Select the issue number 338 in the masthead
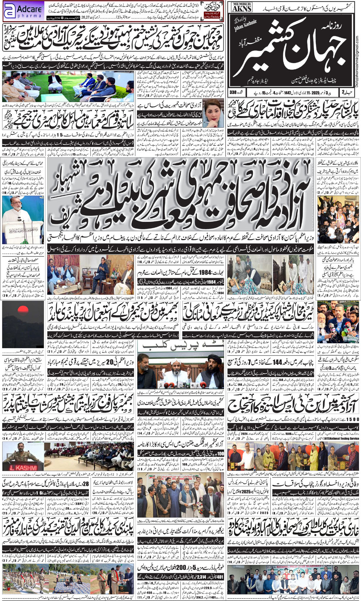pyautogui.click(x=233, y=92)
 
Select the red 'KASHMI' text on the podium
pyautogui.click(x=22, y=468)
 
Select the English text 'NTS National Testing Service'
pyautogui.click(x=341, y=438)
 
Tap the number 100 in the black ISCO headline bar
pyautogui.click(x=221, y=454)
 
